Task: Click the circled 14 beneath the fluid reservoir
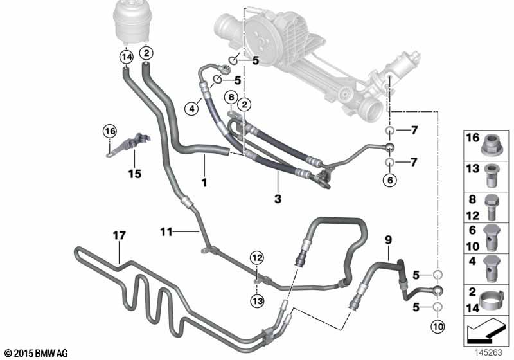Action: click(x=126, y=57)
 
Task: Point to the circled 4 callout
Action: click(x=191, y=109)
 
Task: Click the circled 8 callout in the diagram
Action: click(x=231, y=98)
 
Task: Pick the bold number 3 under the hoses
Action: click(x=278, y=199)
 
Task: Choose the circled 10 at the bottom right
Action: click(x=438, y=327)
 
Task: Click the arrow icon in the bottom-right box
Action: click(x=485, y=332)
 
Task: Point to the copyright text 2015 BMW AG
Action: click(x=36, y=353)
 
